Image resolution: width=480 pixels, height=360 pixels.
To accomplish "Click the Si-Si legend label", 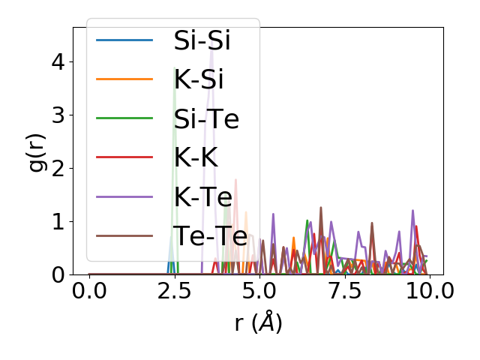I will [x=202, y=40].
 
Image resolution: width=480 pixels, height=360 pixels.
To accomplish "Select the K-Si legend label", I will [x=198, y=79].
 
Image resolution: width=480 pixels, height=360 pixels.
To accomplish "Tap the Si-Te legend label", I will [x=206, y=118].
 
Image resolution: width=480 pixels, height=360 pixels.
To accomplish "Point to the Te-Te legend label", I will [x=210, y=236].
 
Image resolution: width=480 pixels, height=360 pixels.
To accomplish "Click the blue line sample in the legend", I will [x=124, y=40].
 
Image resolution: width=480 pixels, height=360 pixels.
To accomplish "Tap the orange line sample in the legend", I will [x=124, y=79].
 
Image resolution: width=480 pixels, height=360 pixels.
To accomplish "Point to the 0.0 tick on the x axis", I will [x=89, y=291].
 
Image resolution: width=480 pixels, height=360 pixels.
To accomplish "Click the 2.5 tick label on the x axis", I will [x=174, y=291].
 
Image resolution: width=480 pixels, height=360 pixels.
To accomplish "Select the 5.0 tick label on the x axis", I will [x=259, y=291].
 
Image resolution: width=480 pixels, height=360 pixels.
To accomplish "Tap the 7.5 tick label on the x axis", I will [x=343, y=291].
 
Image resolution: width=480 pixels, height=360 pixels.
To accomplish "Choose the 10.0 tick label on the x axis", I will [x=427, y=291].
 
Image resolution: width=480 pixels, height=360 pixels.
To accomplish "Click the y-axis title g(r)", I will [x=37, y=151].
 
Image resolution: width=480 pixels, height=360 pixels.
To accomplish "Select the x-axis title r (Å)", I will [x=258, y=323].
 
